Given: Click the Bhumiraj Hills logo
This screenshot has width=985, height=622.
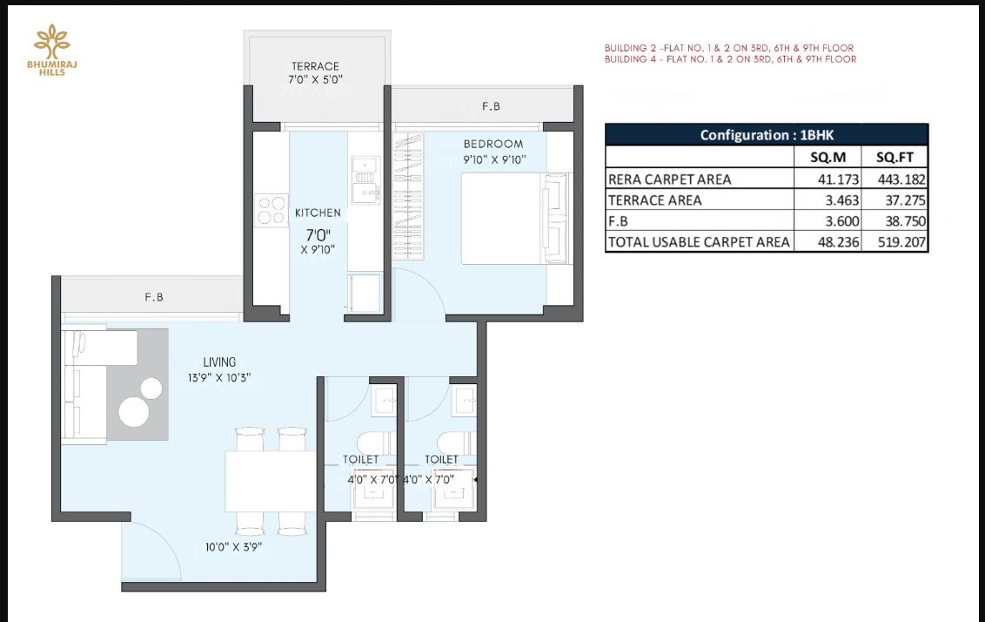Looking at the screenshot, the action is [x=52, y=50].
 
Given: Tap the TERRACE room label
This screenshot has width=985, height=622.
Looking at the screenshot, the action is [x=315, y=66].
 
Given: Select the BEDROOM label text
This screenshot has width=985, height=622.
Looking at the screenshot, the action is [x=493, y=144].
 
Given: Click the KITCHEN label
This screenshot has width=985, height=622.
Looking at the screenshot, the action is [x=318, y=213].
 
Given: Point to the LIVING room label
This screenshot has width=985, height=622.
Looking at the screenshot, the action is [x=219, y=362].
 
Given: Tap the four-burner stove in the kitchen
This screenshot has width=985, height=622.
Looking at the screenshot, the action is [x=272, y=211].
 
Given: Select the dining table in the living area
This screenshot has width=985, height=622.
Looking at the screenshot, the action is [x=271, y=481].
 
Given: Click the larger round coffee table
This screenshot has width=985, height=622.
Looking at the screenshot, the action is [x=134, y=413].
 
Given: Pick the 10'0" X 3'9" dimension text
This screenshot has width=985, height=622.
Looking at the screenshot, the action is [x=234, y=547].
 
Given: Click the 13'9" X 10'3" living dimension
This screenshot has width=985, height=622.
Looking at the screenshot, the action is [x=219, y=378].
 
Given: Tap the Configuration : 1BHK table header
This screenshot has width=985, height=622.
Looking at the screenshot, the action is [x=767, y=134].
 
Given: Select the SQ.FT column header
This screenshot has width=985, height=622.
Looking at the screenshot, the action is [x=895, y=157].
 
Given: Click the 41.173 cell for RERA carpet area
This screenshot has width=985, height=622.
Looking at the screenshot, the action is [x=838, y=179].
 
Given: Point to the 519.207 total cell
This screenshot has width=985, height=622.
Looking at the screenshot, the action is [x=901, y=241].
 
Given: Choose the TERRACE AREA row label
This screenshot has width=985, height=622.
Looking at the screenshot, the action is [x=654, y=200].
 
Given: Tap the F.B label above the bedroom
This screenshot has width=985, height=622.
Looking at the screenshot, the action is [x=492, y=106].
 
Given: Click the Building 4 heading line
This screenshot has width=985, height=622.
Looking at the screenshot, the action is [x=731, y=59].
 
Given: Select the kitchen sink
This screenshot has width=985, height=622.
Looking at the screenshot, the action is [x=365, y=179].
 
